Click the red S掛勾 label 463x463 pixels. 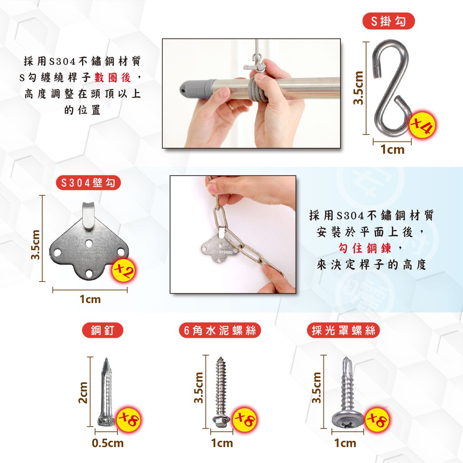[x=388, y=21]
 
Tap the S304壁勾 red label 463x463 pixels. [x=88, y=183]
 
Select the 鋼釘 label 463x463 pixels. [x=103, y=330]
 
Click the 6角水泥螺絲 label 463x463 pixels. [x=220, y=330]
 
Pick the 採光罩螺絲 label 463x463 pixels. [x=344, y=330]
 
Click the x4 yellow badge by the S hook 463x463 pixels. [x=422, y=125]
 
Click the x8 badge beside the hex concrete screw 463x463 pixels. [x=245, y=419]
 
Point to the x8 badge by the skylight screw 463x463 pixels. [x=377, y=419]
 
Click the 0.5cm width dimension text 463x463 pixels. [x=108, y=443]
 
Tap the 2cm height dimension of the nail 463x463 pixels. [x=83, y=392]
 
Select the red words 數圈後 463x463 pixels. [x=113, y=78]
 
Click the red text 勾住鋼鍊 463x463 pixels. [x=365, y=248]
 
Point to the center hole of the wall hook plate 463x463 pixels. [x=89, y=244]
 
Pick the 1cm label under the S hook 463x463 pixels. [x=392, y=150]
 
